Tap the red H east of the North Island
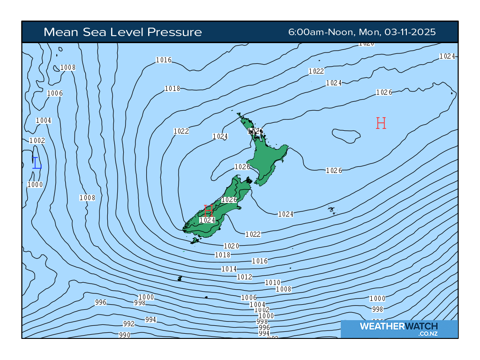click(381, 123)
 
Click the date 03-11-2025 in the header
click(410, 32)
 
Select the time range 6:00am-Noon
click(321, 32)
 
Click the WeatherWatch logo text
click(398, 326)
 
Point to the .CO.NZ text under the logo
click(428, 334)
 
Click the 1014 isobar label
click(229, 269)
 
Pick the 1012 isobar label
click(244, 277)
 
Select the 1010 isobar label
click(272, 283)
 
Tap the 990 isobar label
click(124, 335)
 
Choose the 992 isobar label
click(128, 324)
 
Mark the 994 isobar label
click(150, 320)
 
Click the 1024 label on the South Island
click(207, 220)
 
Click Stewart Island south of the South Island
click(195, 240)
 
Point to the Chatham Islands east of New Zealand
click(331, 210)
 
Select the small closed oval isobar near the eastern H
click(346, 135)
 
